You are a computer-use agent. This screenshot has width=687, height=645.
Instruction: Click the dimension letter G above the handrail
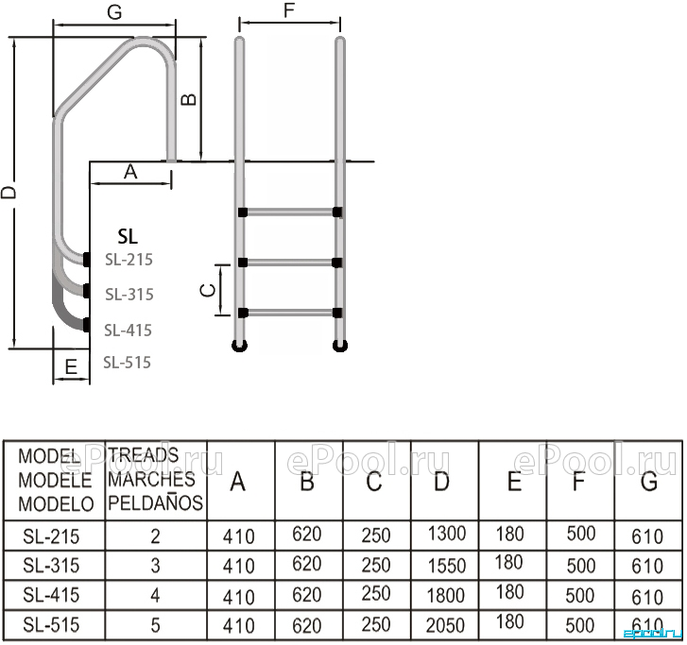(x=114, y=12)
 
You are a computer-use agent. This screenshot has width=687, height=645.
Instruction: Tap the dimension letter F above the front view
(x=289, y=10)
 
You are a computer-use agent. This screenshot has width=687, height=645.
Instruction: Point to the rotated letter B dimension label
(x=189, y=100)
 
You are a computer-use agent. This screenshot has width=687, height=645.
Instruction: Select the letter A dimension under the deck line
(x=130, y=172)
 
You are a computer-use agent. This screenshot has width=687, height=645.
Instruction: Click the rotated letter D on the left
(x=8, y=193)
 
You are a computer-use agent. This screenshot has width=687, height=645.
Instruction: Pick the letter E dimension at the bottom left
(x=71, y=367)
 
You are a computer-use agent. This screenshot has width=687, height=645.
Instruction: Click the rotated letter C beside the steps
(x=208, y=290)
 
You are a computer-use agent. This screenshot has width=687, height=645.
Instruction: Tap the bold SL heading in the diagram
(x=128, y=236)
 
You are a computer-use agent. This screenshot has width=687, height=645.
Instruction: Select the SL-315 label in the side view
(x=129, y=295)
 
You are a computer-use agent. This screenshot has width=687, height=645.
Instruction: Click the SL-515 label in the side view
(x=127, y=362)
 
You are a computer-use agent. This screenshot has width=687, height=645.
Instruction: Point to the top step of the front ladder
(x=289, y=212)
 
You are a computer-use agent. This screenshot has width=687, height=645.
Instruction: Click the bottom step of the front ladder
(x=289, y=313)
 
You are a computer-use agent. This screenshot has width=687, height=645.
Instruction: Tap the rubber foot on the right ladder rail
(x=340, y=346)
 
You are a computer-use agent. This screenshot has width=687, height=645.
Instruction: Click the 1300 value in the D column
(x=446, y=534)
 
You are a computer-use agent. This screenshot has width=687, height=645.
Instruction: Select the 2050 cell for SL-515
(x=445, y=626)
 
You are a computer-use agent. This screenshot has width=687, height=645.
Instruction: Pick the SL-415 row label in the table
(x=51, y=595)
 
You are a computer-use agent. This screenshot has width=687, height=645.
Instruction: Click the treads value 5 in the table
(x=155, y=625)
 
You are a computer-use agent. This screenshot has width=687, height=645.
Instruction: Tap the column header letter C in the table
(x=373, y=482)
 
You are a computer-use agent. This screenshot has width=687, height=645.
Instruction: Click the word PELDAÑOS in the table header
(x=155, y=502)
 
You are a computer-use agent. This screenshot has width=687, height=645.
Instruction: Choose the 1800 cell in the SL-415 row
(x=446, y=596)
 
